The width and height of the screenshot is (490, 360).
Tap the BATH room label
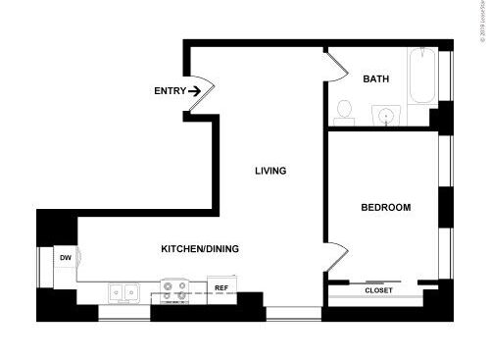pos(376,79)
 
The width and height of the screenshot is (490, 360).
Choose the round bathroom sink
pos(388,116)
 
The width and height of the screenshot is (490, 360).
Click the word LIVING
pos(270,171)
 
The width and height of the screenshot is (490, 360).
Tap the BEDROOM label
pos(385,207)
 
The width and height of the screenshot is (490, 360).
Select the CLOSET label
pos(378,290)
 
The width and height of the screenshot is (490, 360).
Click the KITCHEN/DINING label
pos(200,249)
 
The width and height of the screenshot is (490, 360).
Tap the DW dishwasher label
pos(65,258)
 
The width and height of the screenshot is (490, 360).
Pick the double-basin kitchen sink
pos(123,291)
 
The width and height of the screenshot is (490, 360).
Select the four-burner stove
pos(174,290)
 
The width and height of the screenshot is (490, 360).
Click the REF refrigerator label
pos(221,288)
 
